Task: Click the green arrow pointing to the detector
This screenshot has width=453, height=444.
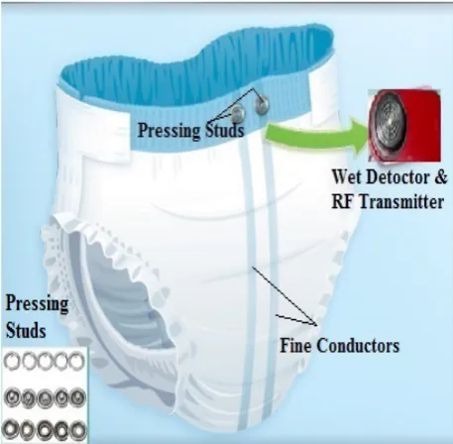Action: point(317,136)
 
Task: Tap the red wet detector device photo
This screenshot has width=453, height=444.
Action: point(404,126)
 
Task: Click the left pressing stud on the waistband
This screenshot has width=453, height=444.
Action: point(238,114)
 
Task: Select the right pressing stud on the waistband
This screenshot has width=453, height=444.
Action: point(262,105)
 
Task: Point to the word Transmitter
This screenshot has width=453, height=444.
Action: point(401,201)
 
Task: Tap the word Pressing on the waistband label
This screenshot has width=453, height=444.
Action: point(169,130)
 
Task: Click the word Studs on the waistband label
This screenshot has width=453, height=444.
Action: point(225,130)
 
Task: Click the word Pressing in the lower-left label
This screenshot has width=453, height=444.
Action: point(37,303)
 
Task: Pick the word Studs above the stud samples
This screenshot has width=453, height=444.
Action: point(26,330)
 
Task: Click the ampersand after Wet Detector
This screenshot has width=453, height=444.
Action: point(441,177)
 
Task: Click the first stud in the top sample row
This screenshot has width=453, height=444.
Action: point(12,361)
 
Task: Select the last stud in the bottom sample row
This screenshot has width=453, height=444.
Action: point(78,430)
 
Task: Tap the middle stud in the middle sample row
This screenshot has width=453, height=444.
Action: point(45,397)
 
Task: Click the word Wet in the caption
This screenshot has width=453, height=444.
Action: point(347,177)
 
